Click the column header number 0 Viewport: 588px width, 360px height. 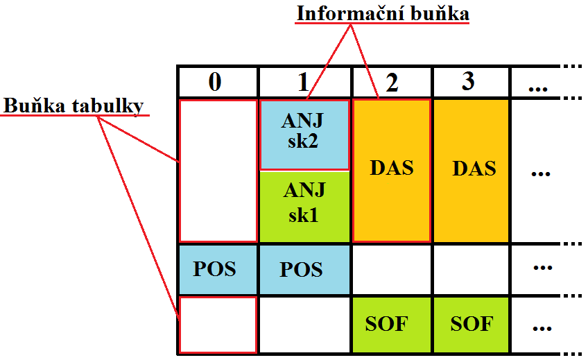(215, 82)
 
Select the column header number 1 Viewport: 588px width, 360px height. (304, 82)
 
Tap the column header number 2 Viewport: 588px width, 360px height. (392, 83)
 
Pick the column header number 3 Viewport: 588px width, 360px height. (468, 81)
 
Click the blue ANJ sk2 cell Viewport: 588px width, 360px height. (304, 135)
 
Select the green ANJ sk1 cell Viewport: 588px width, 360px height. (304, 207)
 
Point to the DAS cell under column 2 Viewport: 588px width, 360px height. (392, 171)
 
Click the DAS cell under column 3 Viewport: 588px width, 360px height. (472, 171)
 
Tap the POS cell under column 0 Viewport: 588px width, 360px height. (218, 269)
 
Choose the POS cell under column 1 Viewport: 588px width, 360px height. (304, 269)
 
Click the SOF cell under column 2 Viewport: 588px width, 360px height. (392, 325)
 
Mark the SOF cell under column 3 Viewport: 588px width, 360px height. (472, 325)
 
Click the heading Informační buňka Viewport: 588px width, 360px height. (383, 14)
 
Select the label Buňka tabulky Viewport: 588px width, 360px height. (73, 105)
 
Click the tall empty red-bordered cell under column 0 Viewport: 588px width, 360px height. (218, 171)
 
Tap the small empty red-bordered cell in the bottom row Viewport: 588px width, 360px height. (218, 325)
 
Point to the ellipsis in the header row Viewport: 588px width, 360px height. (538, 89)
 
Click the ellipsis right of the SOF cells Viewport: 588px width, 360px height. (542, 329)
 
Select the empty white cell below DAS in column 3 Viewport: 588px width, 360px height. (472, 269)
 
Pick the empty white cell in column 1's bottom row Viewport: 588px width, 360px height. (304, 325)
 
